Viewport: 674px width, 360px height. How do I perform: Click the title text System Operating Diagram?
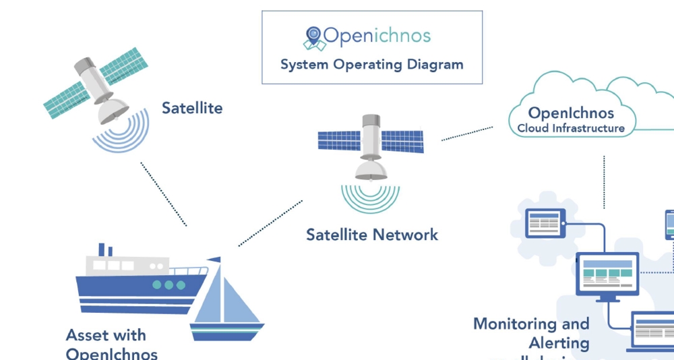tap(371, 65)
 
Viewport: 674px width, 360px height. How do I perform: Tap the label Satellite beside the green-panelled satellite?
tap(192, 108)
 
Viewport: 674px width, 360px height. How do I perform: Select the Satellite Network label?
tap(372, 235)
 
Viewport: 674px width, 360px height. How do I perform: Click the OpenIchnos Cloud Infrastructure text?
tap(571, 119)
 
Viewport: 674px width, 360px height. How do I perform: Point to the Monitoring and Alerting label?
tap(532, 333)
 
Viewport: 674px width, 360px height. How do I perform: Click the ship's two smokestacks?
tap(105, 249)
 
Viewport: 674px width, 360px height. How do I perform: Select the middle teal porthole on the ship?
tap(168, 285)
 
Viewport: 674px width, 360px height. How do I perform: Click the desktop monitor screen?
tap(607, 273)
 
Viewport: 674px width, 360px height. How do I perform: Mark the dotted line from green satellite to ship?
tap(164, 193)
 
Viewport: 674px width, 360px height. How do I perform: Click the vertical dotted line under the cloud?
tap(604, 182)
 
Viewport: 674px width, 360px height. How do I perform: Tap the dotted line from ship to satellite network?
tap(270, 223)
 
